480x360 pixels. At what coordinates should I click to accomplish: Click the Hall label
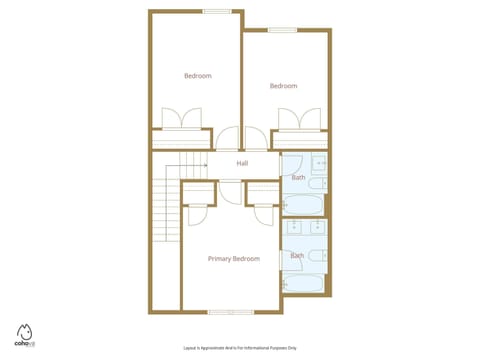(242, 163)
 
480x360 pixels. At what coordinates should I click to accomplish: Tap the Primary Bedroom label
(233, 259)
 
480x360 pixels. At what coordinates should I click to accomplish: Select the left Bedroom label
(197, 76)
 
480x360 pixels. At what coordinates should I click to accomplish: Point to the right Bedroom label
(283, 86)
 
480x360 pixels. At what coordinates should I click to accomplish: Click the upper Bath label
(298, 178)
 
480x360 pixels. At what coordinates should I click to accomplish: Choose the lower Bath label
(297, 256)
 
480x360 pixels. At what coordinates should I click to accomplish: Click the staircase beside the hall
(164, 205)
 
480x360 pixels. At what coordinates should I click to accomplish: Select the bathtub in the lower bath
(302, 282)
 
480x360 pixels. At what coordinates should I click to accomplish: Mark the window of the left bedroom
(217, 11)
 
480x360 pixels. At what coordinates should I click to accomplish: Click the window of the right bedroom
(282, 30)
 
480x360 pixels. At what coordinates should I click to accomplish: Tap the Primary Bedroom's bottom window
(231, 312)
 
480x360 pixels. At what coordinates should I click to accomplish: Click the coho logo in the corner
(25, 335)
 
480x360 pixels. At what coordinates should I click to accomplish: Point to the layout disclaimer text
(239, 347)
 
